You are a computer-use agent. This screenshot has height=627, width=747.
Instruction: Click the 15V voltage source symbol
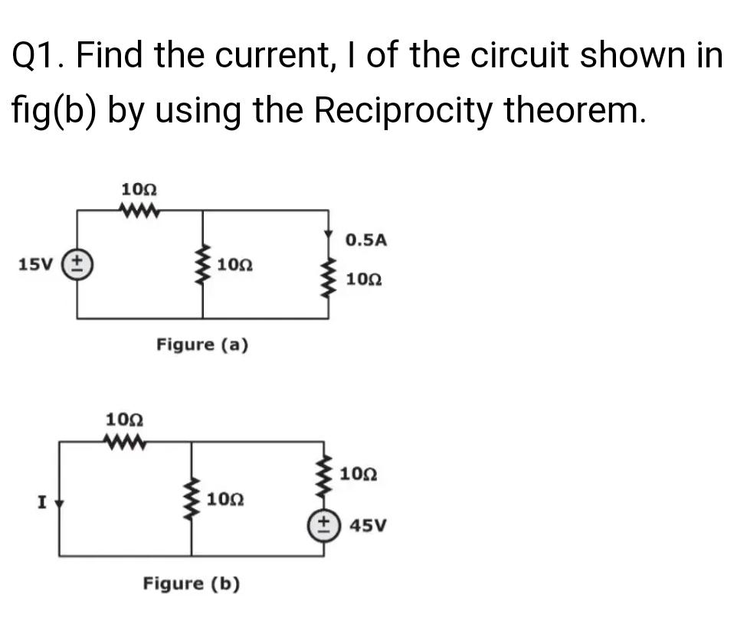(76, 265)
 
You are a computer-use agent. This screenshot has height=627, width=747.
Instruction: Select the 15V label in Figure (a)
(34, 265)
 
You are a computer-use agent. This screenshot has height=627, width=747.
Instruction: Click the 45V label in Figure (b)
(369, 526)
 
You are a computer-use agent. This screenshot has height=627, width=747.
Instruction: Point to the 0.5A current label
(365, 240)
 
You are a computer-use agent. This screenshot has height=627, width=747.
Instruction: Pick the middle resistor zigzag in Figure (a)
(203, 265)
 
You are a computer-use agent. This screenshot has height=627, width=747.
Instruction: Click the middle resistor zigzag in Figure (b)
(192, 498)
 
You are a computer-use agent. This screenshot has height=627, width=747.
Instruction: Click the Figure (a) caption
(202, 345)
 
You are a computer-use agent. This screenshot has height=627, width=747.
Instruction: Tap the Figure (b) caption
(192, 584)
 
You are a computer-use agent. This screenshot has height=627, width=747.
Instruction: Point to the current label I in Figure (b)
(43, 503)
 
